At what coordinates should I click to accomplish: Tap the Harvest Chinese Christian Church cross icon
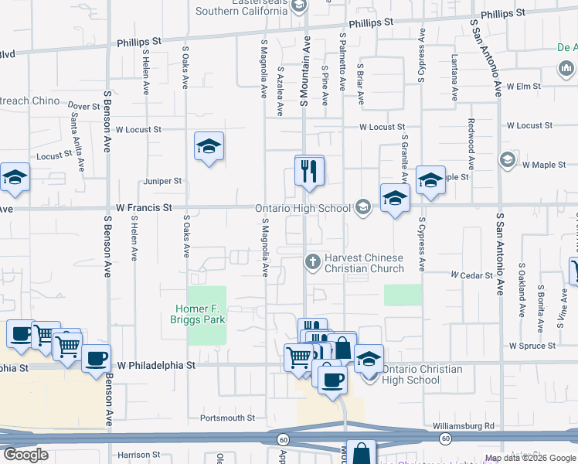tap(312, 261)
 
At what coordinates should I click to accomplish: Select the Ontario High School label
tap(304, 208)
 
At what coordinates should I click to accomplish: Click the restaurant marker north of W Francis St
tap(309, 171)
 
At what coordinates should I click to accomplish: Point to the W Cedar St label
tap(472, 275)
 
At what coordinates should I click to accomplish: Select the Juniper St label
tap(162, 181)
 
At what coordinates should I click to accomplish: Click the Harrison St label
tap(139, 455)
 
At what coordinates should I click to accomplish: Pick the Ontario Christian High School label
tap(422, 374)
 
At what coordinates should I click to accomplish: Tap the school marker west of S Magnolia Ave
tap(209, 148)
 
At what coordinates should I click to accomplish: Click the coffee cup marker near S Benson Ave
tap(97, 359)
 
